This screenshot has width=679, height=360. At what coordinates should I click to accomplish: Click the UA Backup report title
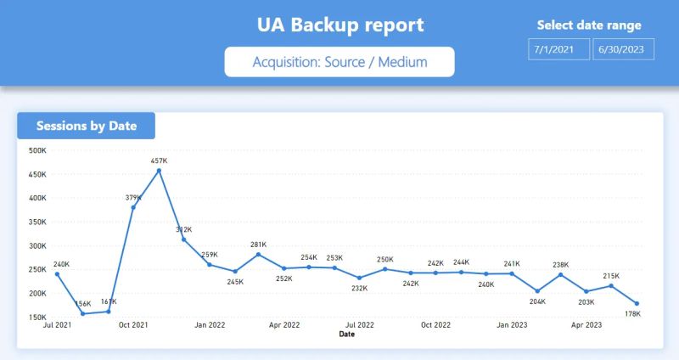click(340, 25)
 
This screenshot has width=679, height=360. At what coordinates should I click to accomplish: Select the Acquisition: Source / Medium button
click(339, 62)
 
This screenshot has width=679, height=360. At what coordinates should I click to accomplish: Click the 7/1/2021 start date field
click(556, 49)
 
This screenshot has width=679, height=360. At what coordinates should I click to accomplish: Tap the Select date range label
click(589, 25)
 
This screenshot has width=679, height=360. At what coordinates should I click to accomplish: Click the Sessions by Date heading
click(87, 126)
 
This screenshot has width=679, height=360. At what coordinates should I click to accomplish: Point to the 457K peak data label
click(159, 160)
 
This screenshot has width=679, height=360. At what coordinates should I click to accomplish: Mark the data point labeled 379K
click(134, 207)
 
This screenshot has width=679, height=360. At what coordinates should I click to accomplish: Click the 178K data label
click(631, 314)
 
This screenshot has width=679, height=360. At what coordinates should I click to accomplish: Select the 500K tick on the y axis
click(37, 151)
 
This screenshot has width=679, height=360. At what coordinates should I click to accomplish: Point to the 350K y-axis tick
click(37, 222)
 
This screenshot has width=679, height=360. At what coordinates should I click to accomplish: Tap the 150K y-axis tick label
click(37, 318)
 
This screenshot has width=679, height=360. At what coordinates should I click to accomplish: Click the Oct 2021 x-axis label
click(134, 325)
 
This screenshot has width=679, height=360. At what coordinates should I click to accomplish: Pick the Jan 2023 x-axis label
click(512, 325)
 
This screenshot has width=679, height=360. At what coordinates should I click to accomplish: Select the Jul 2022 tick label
click(360, 325)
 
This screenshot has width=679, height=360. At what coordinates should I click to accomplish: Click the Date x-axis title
click(347, 335)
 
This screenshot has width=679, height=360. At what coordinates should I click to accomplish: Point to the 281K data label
click(258, 245)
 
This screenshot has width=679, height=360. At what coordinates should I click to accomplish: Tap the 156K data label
click(83, 303)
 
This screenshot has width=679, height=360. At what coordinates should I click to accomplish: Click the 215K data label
click(611, 276)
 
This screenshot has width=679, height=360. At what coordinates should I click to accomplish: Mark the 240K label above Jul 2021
click(61, 264)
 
